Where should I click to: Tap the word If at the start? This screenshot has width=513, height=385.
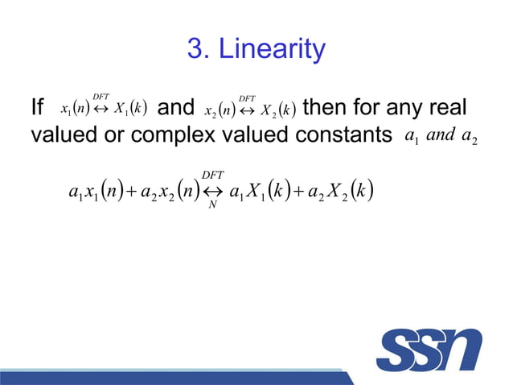pyautogui.click(x=37, y=107)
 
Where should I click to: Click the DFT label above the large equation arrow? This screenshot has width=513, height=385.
pyautogui.click(x=213, y=175)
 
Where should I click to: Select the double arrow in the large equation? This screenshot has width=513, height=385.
pyautogui.click(x=213, y=192)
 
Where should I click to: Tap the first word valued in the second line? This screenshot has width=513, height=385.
pyautogui.click(x=61, y=135)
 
